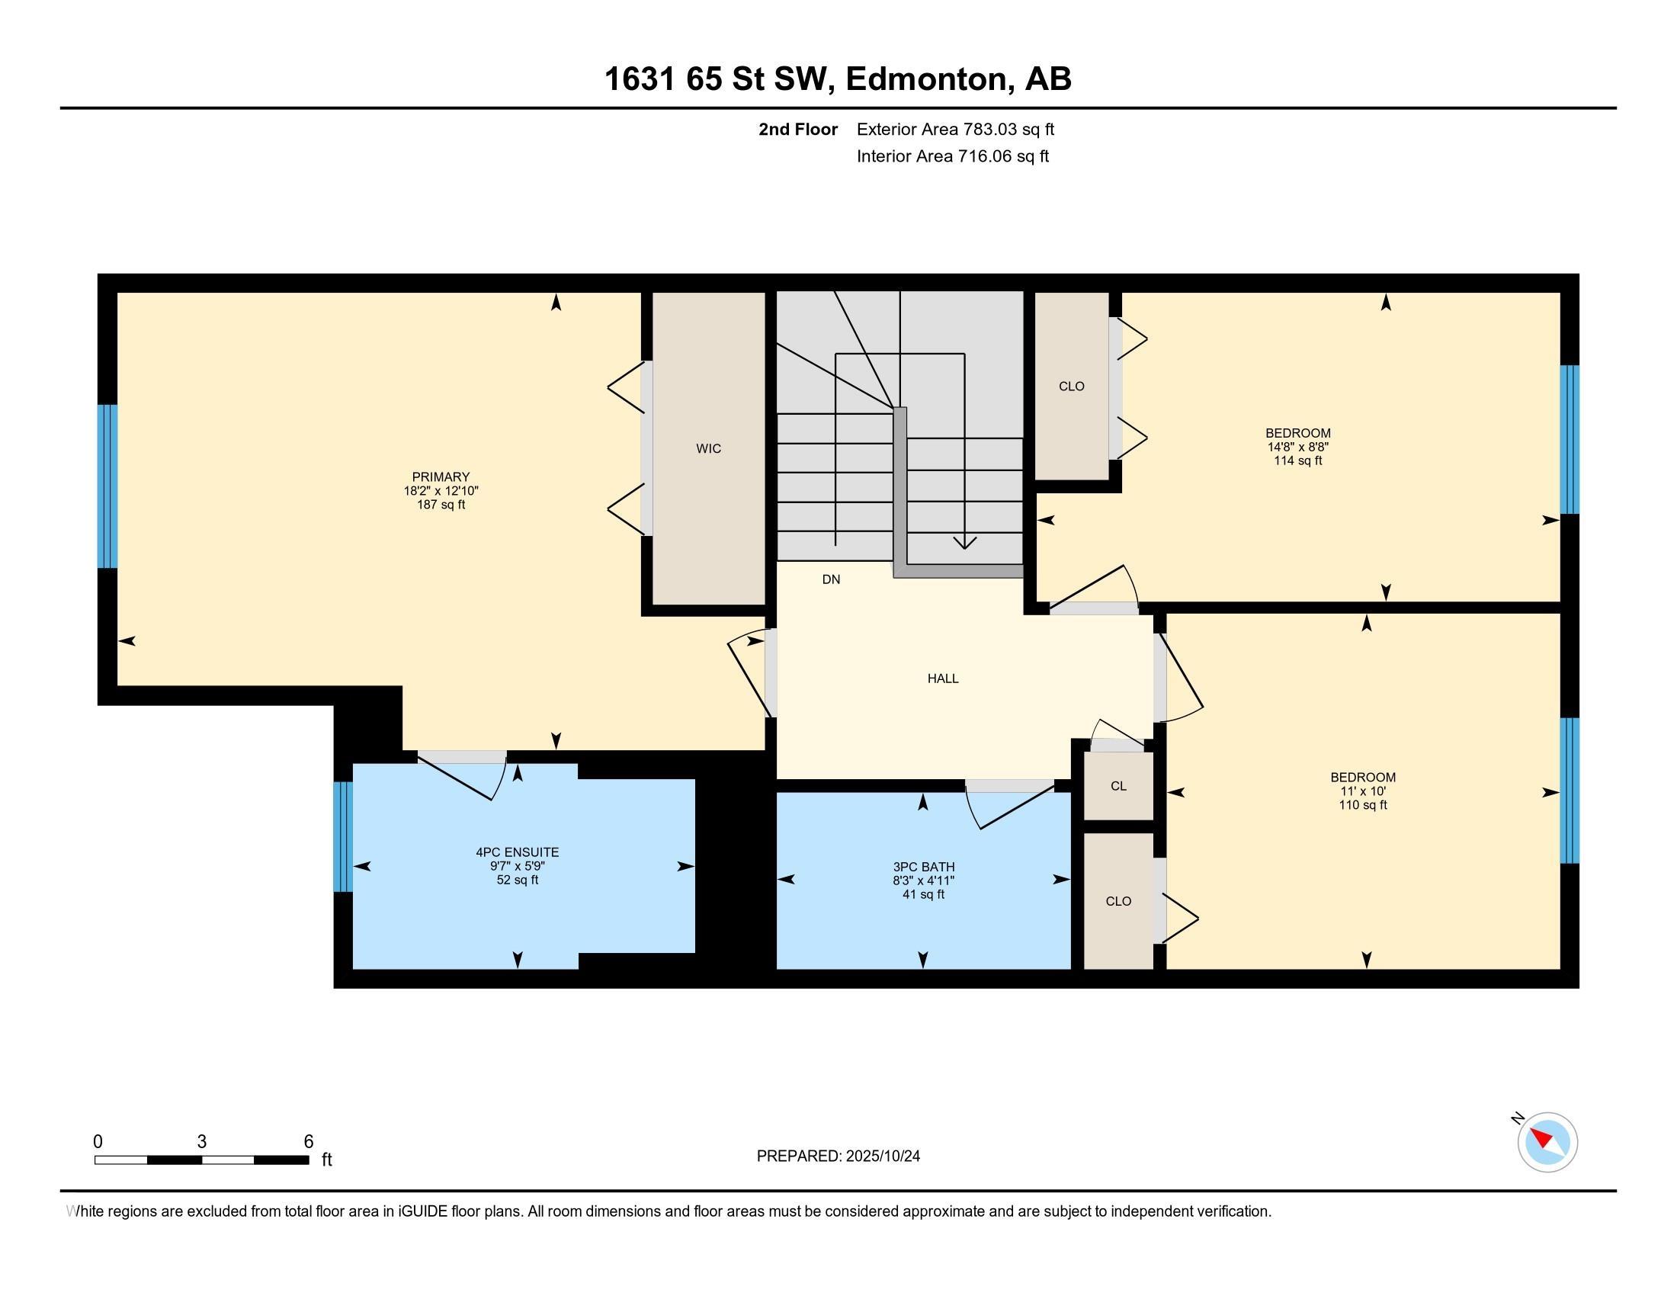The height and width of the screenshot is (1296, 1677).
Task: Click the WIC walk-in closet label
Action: pyautogui.click(x=708, y=448)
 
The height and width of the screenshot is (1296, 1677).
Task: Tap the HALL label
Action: pyautogui.click(x=943, y=678)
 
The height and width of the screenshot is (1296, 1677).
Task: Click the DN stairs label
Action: pyautogui.click(x=831, y=579)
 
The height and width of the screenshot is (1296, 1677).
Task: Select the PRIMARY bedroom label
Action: pyautogui.click(x=441, y=476)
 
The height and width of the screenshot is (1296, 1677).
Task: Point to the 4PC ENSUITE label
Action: pyautogui.click(x=518, y=852)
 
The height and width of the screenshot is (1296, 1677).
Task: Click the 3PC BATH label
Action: pyautogui.click(x=923, y=868)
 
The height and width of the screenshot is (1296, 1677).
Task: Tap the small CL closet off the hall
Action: pyautogui.click(x=1118, y=786)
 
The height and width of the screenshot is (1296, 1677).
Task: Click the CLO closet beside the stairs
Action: pyautogui.click(x=1072, y=387)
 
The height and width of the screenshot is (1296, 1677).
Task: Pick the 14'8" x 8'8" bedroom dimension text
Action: pyautogui.click(x=1298, y=447)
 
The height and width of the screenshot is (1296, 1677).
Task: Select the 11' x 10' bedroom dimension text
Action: pyautogui.click(x=1363, y=791)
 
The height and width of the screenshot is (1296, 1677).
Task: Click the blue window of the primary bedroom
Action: pyautogui.click(x=107, y=486)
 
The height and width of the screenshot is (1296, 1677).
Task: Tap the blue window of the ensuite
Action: pyautogui.click(x=342, y=836)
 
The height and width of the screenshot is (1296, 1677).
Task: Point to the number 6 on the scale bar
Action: pyautogui.click(x=309, y=1142)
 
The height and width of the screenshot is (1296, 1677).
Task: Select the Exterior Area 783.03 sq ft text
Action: pyautogui.click(x=955, y=130)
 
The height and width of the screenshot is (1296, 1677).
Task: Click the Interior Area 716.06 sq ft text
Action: pyautogui.click(x=952, y=156)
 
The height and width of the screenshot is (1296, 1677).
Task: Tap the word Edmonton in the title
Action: pyautogui.click(x=927, y=79)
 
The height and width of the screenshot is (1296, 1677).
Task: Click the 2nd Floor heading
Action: pyautogui.click(x=798, y=130)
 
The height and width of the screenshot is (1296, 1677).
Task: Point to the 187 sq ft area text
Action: pyautogui.click(x=441, y=505)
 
